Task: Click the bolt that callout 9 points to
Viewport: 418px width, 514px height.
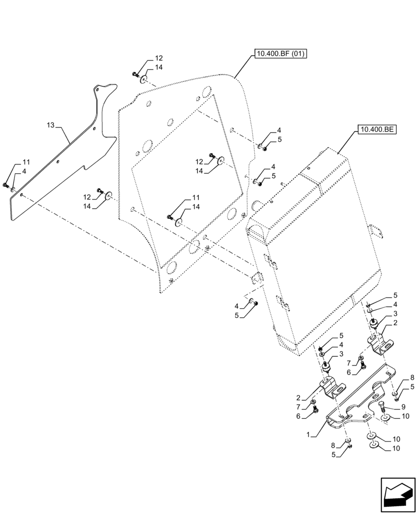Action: (382, 407)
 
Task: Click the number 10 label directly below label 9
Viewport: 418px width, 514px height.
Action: (405, 416)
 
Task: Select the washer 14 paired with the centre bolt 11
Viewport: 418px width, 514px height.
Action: (178, 222)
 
